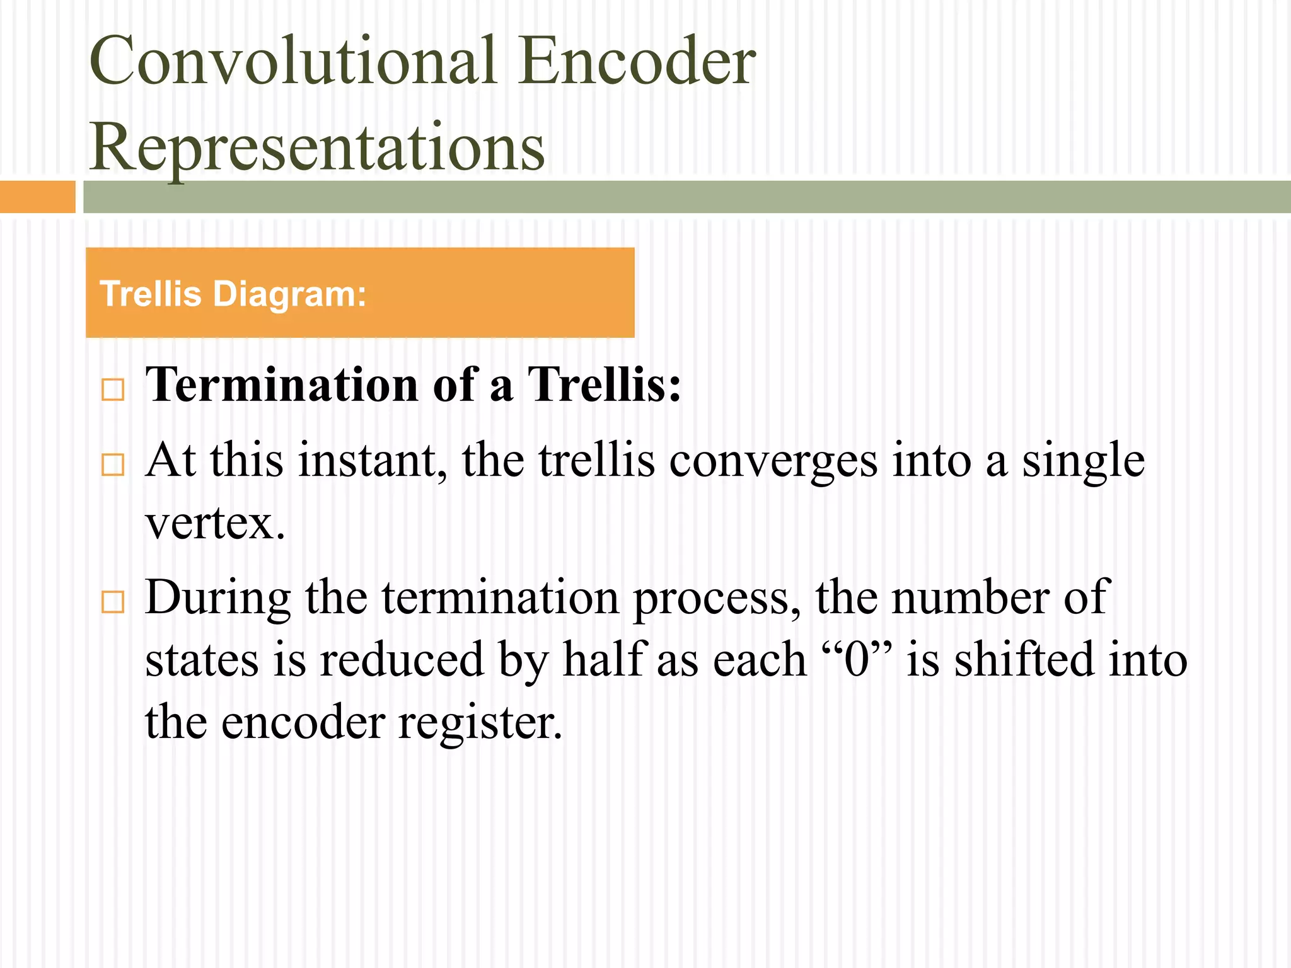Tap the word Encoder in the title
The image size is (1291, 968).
tap(637, 61)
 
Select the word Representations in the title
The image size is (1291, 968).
tap(316, 147)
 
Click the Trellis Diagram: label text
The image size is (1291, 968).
tap(233, 294)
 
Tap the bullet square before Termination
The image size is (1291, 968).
tap(113, 389)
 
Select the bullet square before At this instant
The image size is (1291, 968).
tap(113, 465)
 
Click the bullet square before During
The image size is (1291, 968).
tap(113, 602)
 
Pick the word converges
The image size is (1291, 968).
tap(773, 461)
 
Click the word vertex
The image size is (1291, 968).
tap(214, 523)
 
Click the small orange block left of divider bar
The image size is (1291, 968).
tap(37, 197)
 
